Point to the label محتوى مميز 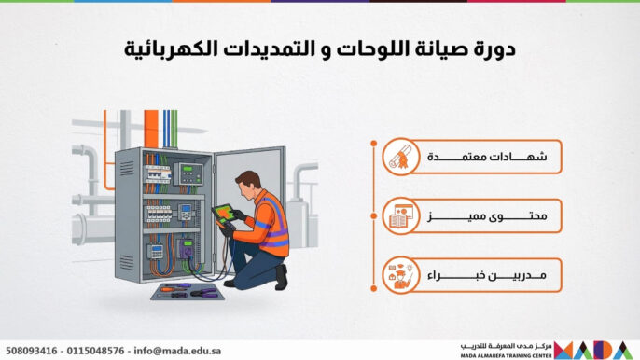point(492,216)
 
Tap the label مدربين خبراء point(492,275)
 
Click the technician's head point(249,182)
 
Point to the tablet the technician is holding point(223,215)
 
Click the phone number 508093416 point(31,350)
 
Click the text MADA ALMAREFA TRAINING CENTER point(505,354)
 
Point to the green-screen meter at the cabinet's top point(190,173)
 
